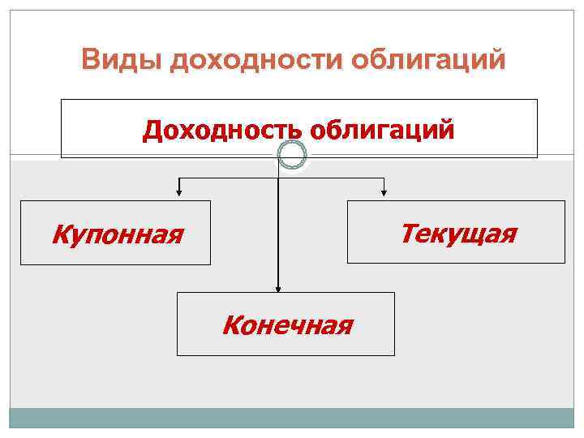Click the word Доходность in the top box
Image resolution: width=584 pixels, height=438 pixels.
(224, 130)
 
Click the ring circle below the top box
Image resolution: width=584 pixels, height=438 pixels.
(292, 155)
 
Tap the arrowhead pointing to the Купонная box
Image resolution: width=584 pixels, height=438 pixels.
(179, 193)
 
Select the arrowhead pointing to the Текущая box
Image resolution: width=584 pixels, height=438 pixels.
(384, 193)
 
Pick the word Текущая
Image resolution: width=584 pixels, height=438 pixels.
(457, 234)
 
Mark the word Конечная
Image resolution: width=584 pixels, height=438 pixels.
(287, 326)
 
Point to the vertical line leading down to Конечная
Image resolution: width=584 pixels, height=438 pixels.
(279, 235)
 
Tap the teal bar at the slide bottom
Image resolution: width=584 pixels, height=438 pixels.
(291, 418)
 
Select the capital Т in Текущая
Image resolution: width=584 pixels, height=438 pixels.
(408, 234)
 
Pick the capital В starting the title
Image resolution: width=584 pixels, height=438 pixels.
(91, 61)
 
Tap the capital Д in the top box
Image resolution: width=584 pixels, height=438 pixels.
(152, 130)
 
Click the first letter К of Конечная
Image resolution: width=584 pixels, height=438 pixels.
(230, 326)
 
